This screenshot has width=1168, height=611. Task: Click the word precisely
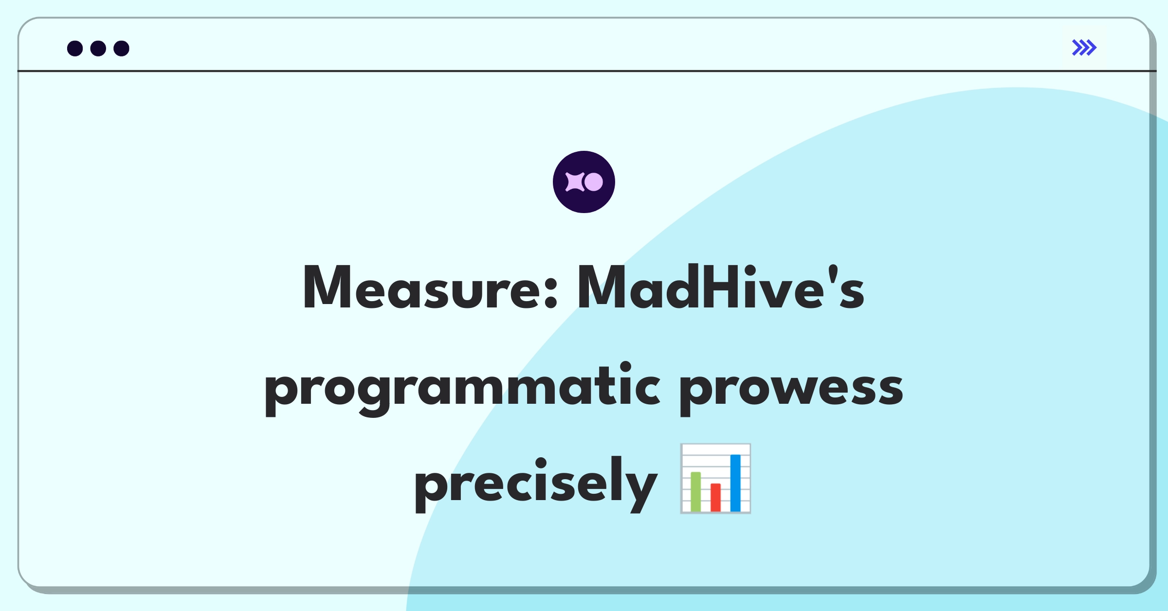(x=536, y=484)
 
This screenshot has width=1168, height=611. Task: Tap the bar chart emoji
(x=715, y=478)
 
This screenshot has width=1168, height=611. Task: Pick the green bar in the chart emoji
(x=695, y=491)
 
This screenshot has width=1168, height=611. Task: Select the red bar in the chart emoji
(x=715, y=497)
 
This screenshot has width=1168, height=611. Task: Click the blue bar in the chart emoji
(x=735, y=483)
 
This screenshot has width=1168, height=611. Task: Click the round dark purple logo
(x=584, y=182)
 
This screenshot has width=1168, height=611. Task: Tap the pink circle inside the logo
(x=593, y=182)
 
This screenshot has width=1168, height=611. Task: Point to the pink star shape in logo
(x=575, y=182)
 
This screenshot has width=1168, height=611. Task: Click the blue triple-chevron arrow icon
(x=1084, y=48)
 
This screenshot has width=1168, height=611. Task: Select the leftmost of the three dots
(x=75, y=48)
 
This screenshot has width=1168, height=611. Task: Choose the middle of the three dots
(x=98, y=48)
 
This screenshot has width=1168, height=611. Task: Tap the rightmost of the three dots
(x=121, y=48)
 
